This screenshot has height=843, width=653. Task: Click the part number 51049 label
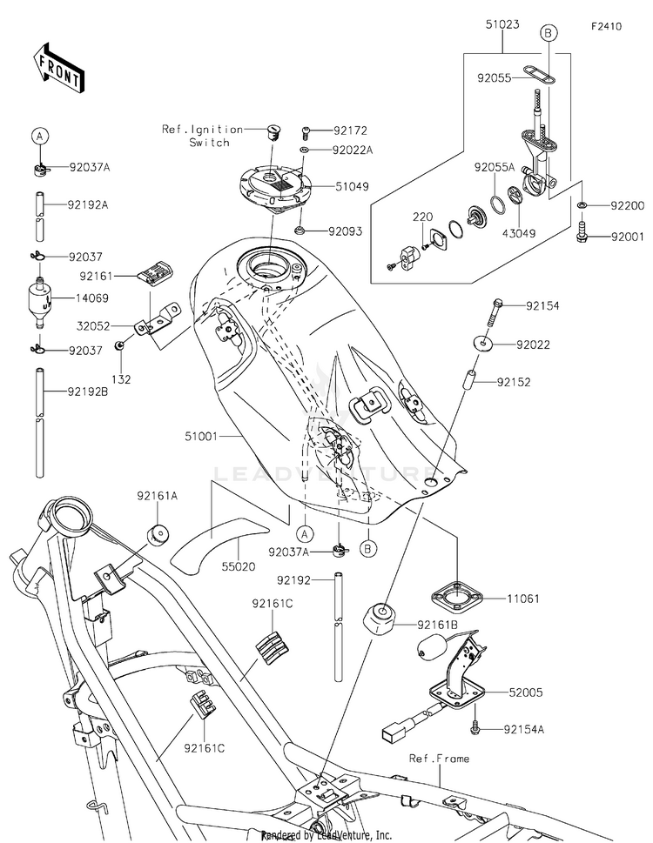point(327,186)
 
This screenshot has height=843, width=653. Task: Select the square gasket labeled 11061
point(455,598)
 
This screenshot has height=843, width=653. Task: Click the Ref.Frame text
point(439,759)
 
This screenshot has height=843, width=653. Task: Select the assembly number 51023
point(502,25)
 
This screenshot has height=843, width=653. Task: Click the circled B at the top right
point(548,34)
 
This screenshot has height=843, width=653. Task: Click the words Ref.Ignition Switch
point(202,136)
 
